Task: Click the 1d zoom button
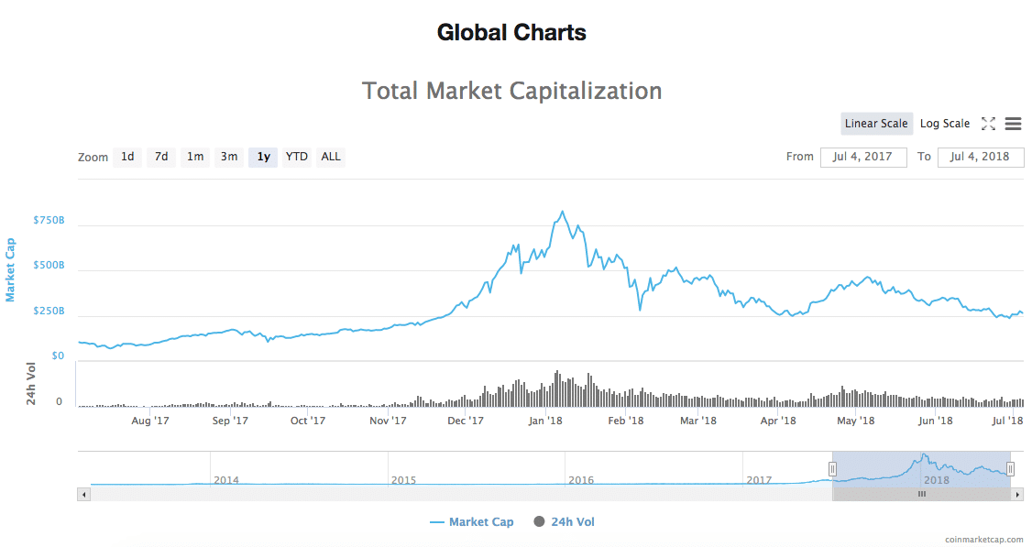127,157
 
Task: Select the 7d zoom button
161,157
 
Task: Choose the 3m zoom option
228,157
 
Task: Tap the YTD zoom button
297,157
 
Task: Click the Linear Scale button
876,124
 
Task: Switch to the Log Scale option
944,124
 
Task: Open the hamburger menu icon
1013,124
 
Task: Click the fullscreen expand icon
988,124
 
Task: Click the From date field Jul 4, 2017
863,157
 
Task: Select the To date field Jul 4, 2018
981,157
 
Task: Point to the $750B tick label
49,221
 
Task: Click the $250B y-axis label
49,312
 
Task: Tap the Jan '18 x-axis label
546,421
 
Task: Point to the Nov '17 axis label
388,421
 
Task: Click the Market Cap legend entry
472,522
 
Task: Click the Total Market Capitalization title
511,91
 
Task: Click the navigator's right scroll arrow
1017,494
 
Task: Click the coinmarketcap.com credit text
983,540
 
